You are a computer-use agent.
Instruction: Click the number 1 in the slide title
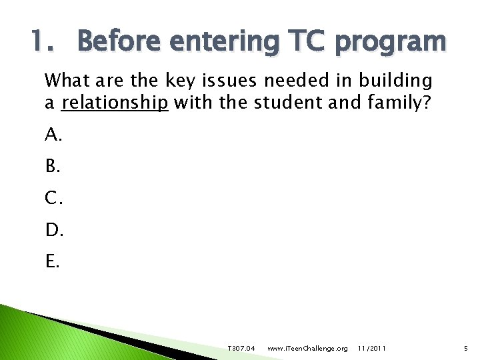[39, 41]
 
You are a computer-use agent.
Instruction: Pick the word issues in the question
[230, 81]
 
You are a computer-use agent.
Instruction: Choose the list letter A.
[53, 136]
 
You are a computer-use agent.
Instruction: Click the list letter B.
[53, 167]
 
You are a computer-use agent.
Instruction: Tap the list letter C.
[53, 199]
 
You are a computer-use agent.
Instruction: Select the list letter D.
[53, 230]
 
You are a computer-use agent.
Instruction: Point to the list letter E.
[53, 261]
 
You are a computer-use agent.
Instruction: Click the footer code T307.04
[241, 349]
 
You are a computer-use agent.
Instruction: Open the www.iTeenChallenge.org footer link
[307, 349]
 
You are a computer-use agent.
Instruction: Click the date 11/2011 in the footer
[371, 349]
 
